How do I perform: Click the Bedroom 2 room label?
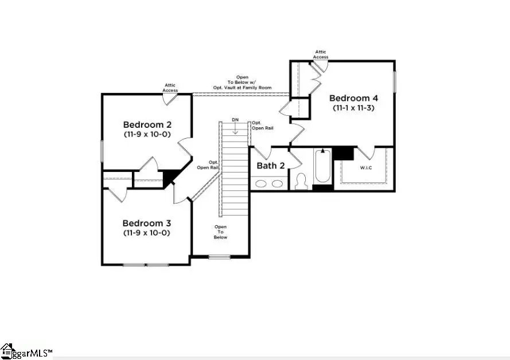pos(147,124)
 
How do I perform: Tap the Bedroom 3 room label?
pos(147,223)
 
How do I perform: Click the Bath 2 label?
pos(271,166)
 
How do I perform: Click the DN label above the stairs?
pos(235,120)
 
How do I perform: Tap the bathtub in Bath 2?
pos(322,167)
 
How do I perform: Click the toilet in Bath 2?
pos(301,182)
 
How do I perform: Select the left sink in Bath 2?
pos(261,184)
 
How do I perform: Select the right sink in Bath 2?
pos(277,184)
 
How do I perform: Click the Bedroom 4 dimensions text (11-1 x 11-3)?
pos(353,108)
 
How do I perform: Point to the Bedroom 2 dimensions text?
pos(147,135)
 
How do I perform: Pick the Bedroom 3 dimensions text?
pos(147,233)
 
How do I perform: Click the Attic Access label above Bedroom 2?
pos(170,88)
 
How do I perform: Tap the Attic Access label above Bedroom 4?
pos(321,54)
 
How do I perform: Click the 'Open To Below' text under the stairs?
pos(221,232)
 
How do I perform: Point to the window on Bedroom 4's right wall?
pos(395,81)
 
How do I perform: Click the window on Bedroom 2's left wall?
pos(102,152)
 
